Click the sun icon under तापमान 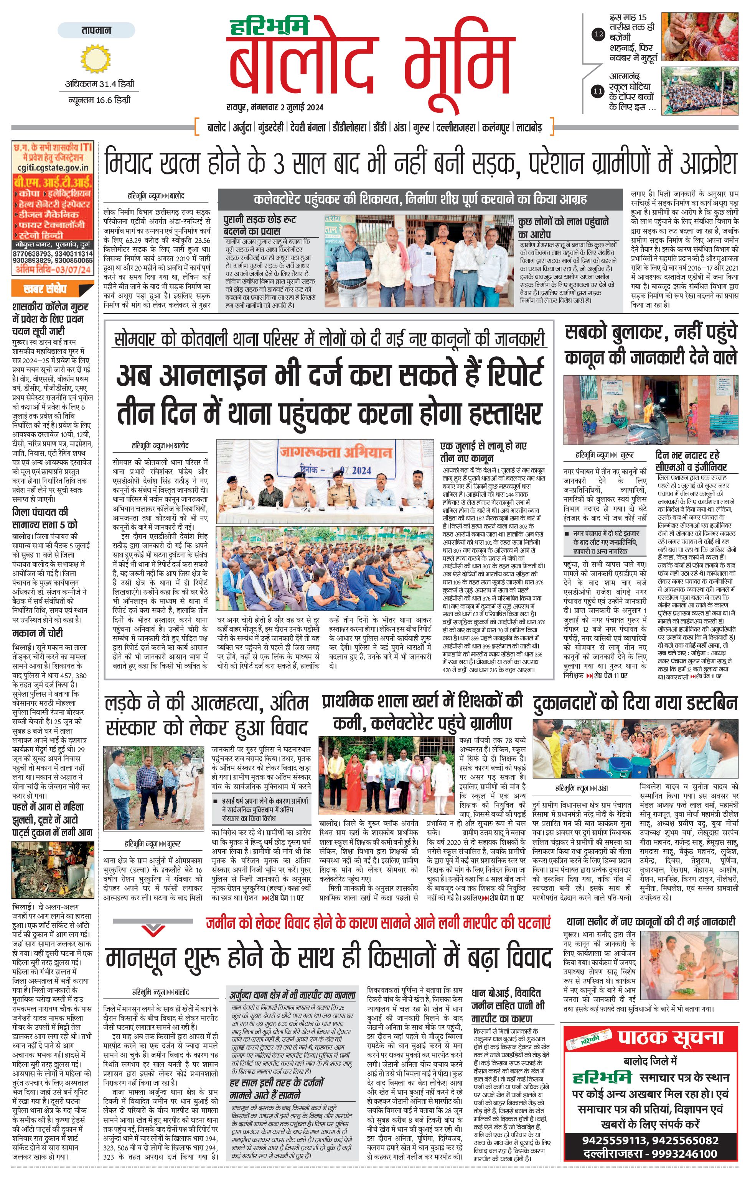tap(95, 59)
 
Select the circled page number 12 tap(598, 34)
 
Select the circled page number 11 tap(598, 91)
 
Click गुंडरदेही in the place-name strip tap(271, 127)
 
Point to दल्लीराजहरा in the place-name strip tap(457, 127)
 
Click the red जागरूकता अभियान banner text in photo tap(336, 452)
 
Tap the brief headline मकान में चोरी tap(38, 633)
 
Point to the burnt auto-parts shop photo tap(52, 870)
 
